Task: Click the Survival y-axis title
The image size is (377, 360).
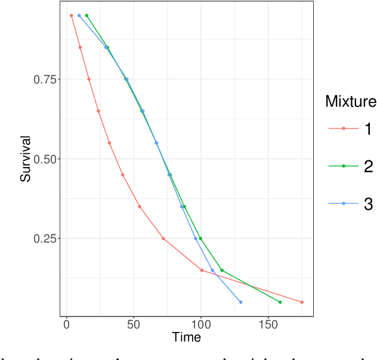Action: pos(25,159)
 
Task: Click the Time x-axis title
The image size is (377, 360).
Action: pos(186,337)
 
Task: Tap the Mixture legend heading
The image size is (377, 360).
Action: pos(350,101)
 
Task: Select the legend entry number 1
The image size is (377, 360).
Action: pos(368,128)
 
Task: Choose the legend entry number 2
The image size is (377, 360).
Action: pos(368,166)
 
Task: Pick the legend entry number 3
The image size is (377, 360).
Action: pos(368,204)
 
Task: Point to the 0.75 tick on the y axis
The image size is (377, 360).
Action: pos(45,79)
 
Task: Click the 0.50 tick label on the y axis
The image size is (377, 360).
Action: pos(45,159)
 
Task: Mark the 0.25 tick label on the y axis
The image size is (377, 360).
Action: pos(45,238)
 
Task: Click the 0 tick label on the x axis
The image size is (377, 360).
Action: pos(66,324)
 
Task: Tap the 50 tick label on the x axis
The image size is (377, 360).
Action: pos(134,324)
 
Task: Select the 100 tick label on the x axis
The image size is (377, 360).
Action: pos(201,324)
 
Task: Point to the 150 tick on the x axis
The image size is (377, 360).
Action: pos(268,324)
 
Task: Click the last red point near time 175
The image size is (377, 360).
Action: pos(302,302)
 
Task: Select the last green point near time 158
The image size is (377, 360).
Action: pos(280,302)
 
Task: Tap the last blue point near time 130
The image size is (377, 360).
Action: pos(241,302)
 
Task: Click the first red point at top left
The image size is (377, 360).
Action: pos(71,15)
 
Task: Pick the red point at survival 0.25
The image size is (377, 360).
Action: pos(163,238)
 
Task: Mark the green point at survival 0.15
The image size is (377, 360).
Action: pos(222,270)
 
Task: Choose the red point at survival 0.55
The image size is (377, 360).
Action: pos(109,143)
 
